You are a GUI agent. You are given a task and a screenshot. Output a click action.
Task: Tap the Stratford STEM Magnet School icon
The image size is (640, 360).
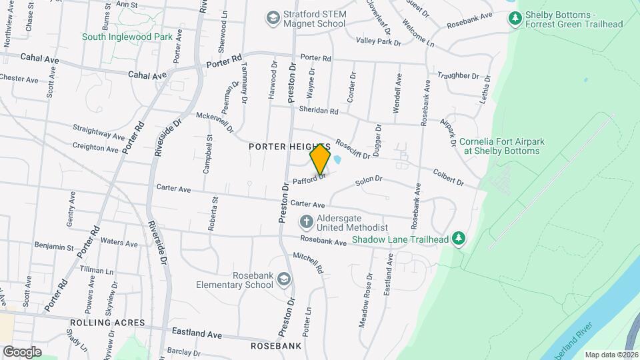coord(272,18)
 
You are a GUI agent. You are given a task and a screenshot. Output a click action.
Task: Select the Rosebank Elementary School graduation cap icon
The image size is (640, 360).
coord(285,279)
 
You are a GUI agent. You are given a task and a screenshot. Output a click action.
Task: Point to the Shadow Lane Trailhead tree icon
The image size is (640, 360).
coord(458,238)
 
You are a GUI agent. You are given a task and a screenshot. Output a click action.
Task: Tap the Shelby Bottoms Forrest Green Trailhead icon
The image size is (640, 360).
coord(515,19)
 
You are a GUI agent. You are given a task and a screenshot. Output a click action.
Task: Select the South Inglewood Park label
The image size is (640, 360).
coord(127,37)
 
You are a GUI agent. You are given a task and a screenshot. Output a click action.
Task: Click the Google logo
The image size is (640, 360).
coord(22,351)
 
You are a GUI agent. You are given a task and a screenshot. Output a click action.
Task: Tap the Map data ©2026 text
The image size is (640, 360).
coord(611,355)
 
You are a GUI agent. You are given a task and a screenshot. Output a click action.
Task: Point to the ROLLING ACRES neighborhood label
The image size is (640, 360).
coord(107,323)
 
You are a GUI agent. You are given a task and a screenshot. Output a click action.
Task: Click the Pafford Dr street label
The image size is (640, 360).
coord(309,179)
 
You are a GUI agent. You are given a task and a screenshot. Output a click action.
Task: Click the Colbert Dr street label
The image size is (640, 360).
coord(448,177)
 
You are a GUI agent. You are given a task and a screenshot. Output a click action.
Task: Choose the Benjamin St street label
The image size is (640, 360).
coord(54,247)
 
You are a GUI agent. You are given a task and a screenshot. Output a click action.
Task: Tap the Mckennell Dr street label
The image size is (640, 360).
coord(215,121)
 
